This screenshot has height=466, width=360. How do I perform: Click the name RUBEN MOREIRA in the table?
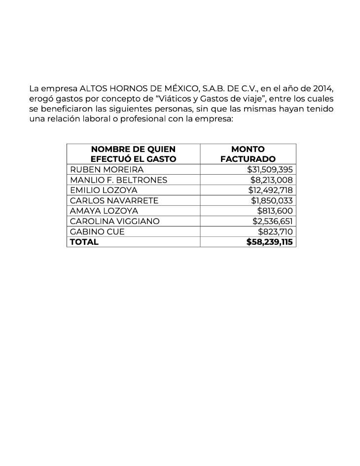pyautogui.click(x=107, y=169)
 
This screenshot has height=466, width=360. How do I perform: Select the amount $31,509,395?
pyautogui.click(x=270, y=169)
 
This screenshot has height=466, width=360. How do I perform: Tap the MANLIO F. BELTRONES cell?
pyautogui.click(x=118, y=180)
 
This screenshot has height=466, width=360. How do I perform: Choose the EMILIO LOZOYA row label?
pyautogui.click(x=104, y=190)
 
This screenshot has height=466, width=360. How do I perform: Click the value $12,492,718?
pyautogui.click(x=271, y=190)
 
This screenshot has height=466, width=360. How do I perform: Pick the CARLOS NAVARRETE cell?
pyautogui.click(x=114, y=200)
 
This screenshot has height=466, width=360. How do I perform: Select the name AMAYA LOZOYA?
pyautogui.click(x=104, y=211)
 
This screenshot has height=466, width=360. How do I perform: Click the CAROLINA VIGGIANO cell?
pyautogui.click(x=114, y=221)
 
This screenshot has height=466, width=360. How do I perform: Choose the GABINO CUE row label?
pyautogui.click(x=97, y=232)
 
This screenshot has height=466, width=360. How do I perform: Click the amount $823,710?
pyautogui.click(x=276, y=232)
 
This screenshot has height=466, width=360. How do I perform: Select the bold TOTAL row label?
pyautogui.click(x=84, y=242)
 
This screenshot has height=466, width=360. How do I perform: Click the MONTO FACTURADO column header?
pyautogui.click(x=248, y=154)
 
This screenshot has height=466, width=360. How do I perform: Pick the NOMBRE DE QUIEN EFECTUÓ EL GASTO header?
pyautogui.click(x=133, y=154)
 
